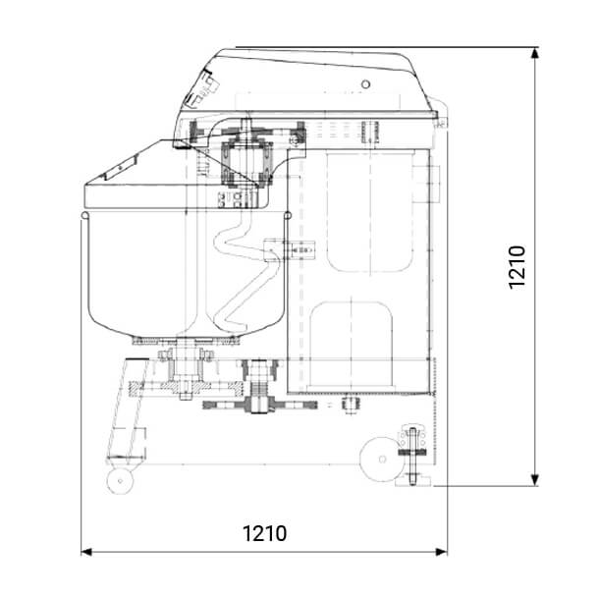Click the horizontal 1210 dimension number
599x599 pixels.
[x=265, y=533]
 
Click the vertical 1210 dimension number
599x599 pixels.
[x=517, y=267]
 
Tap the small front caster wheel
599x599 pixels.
[x=121, y=481]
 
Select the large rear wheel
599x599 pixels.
[x=381, y=460]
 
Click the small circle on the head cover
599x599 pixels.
[x=365, y=84]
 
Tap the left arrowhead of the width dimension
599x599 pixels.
[x=86, y=552]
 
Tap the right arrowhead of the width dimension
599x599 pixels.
[x=442, y=552]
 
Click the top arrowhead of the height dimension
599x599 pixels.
[x=535, y=53]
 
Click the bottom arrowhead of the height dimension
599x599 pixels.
[x=535, y=480]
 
